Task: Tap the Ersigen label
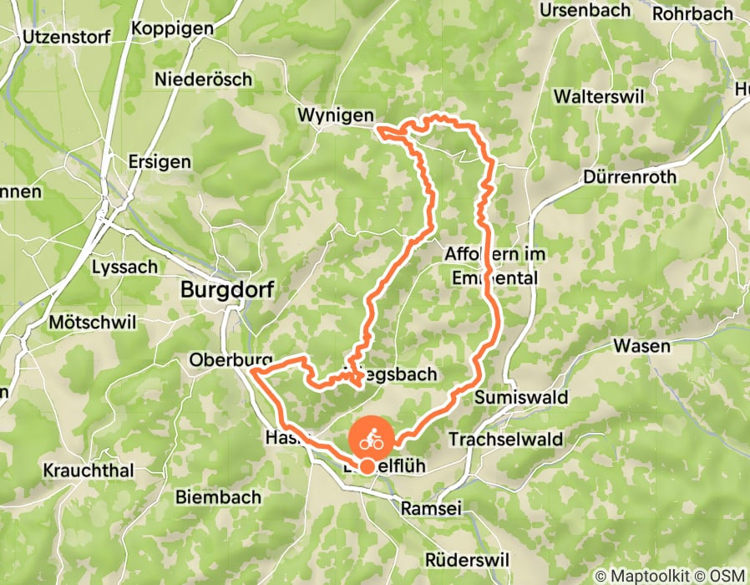160,161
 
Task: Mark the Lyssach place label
124,267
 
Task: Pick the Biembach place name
217,496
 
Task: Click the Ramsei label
432,508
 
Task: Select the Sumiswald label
521,398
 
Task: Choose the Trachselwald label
504,439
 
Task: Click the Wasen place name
641,345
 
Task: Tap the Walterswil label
606,96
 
